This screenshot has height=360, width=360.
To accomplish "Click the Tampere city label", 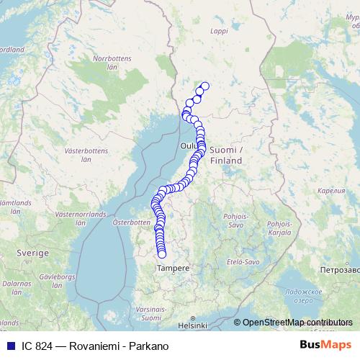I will [173, 268].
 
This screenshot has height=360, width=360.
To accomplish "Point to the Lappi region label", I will [218, 31].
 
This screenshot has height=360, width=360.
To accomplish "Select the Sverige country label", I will [33, 253].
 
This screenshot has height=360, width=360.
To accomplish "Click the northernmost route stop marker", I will [204, 86].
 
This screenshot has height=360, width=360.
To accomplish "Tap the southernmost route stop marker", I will [162, 253].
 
